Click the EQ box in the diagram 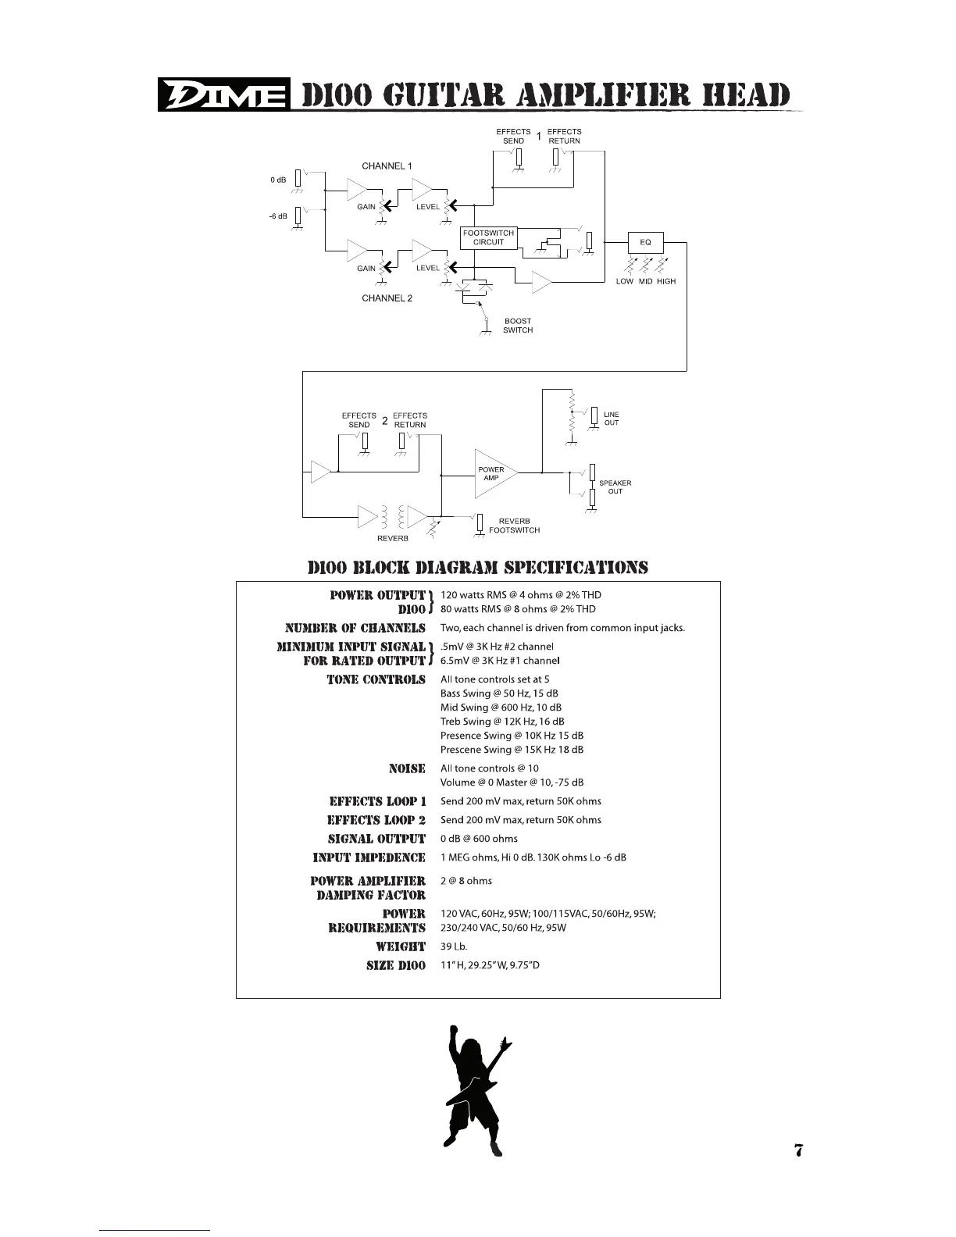(645, 242)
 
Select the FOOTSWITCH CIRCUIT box (489, 237)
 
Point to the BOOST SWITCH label (518, 326)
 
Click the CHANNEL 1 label (387, 166)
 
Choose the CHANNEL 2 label (387, 298)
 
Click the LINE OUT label (612, 419)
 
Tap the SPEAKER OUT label (615, 487)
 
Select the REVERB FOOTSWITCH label (514, 526)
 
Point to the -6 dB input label (279, 216)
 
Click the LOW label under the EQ (625, 281)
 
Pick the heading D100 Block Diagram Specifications (478, 567)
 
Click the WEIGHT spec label (401, 946)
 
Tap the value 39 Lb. (454, 946)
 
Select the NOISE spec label (407, 768)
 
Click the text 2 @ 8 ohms (466, 881)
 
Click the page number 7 (798, 1150)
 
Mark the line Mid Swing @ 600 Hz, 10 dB (501, 708)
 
